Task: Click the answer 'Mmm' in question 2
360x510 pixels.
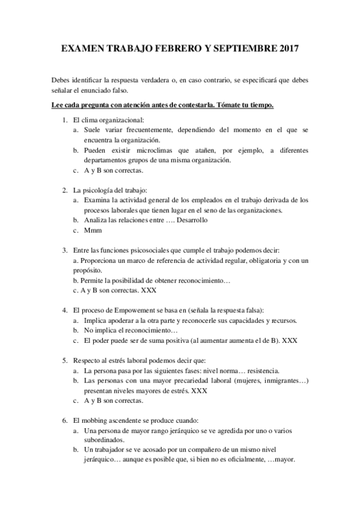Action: (92, 230)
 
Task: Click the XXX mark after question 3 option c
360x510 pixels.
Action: (148, 290)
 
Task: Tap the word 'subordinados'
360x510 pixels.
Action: (104, 440)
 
